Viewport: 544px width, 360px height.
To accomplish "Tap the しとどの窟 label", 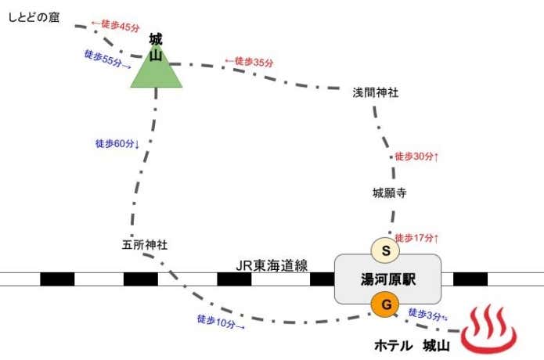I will [34, 14].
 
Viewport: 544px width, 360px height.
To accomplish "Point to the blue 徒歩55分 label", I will [107, 59].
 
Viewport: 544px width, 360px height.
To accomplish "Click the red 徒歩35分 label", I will [250, 61].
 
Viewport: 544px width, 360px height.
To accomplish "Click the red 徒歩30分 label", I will [416, 157].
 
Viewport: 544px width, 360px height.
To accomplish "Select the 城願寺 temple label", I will [389, 193].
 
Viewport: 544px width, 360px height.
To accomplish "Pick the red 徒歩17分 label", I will [417, 237].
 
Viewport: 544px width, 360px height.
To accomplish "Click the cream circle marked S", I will [385, 250].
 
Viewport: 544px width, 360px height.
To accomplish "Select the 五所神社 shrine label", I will [145, 244].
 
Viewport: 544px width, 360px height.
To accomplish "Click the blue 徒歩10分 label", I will [221, 321].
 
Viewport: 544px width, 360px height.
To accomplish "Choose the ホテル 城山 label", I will [413, 345].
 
